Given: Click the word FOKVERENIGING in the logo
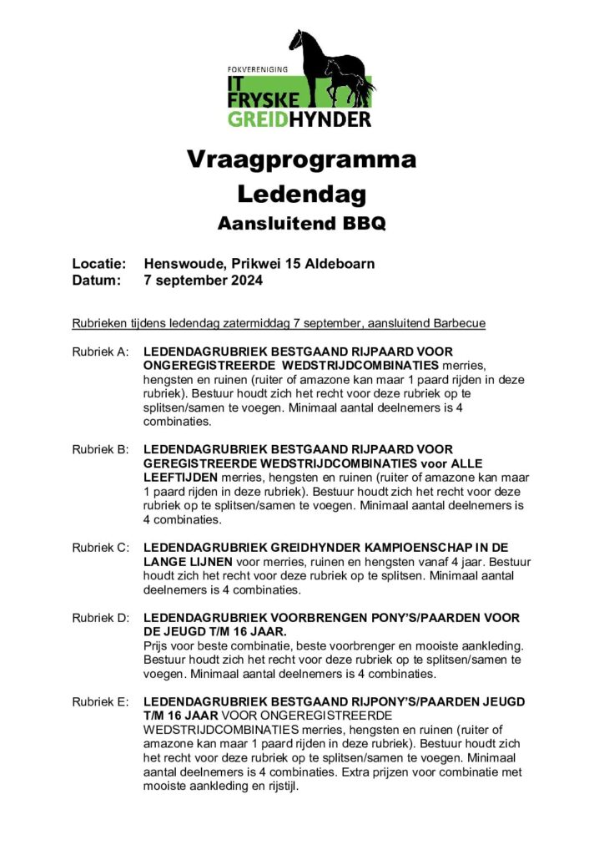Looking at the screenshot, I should coord(258,68).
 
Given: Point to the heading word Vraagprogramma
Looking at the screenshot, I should coord(301,159).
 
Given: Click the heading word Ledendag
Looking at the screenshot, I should coord(301,194).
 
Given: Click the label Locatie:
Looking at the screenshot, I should coord(99,264).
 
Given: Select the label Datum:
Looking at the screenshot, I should coord(97,281).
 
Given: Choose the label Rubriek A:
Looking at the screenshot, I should coord(100,352).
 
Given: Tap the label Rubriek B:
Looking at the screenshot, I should coord(100,450).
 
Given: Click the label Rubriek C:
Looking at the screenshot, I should coord(100,548).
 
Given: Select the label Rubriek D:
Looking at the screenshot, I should coord(100,618).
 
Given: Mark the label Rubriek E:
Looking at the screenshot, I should coord(100,702).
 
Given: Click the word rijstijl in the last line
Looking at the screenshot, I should coord(276,787).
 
